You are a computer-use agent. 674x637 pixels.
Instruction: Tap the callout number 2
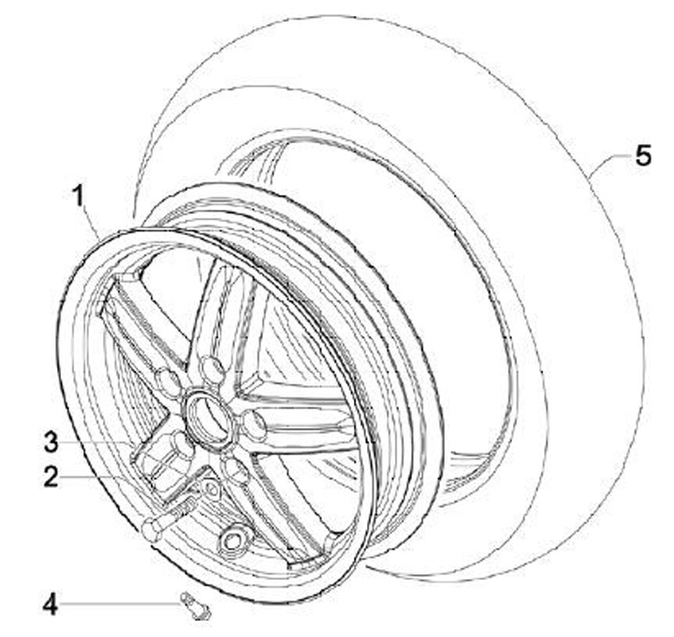point(51,477)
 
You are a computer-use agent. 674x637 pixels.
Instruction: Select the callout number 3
point(51,441)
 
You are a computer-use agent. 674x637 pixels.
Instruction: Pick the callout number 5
point(642,155)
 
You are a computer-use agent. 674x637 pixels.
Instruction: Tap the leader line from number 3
point(103,441)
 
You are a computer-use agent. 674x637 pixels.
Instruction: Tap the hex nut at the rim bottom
point(231,541)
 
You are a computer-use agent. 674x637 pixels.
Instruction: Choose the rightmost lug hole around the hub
point(254,427)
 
